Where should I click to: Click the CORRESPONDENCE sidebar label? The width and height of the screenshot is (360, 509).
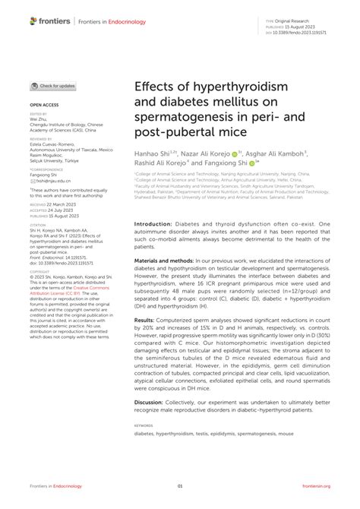tap(47, 169)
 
